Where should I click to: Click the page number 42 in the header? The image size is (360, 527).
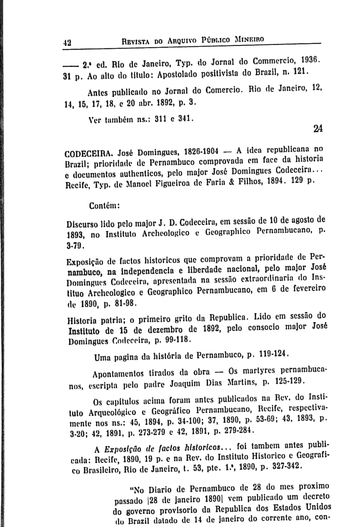[x=68, y=43]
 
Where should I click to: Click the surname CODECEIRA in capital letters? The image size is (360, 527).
[x=87, y=153]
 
